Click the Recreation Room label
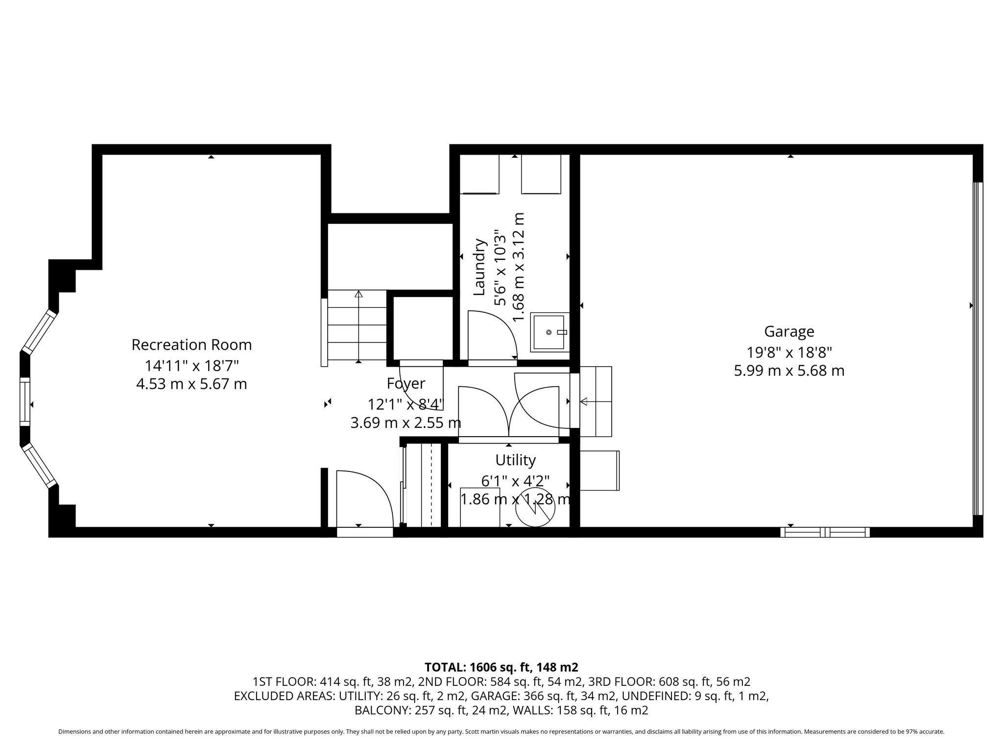tap(191, 345)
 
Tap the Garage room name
tap(789, 332)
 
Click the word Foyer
tap(406, 383)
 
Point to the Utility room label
tap(515, 460)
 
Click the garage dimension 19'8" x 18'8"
tap(789, 352)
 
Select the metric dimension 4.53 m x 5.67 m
tap(191, 384)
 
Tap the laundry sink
tap(550, 332)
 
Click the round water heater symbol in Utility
tap(535, 508)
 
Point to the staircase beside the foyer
tap(357, 326)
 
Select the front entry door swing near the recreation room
tap(365, 498)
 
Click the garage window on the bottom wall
tap(825, 532)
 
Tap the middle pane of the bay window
tap(24, 401)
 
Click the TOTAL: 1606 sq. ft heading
tap(501, 667)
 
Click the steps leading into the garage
tap(596, 401)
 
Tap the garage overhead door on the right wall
tap(978, 349)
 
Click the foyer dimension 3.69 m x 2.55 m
tap(406, 423)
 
